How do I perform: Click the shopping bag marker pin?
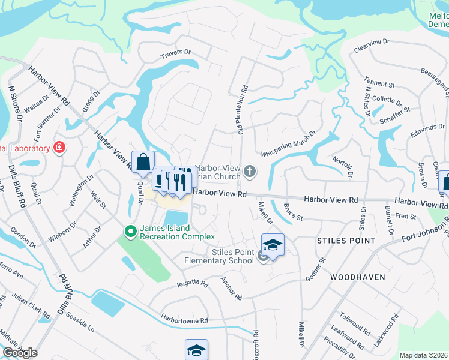[143, 162]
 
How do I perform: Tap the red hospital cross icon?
[59, 148]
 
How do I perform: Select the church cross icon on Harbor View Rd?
[250, 173]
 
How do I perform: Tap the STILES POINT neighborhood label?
[346, 241]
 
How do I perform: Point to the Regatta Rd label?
[192, 283]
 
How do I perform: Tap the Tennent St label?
[379, 82]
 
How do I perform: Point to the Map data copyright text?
[423, 355]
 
